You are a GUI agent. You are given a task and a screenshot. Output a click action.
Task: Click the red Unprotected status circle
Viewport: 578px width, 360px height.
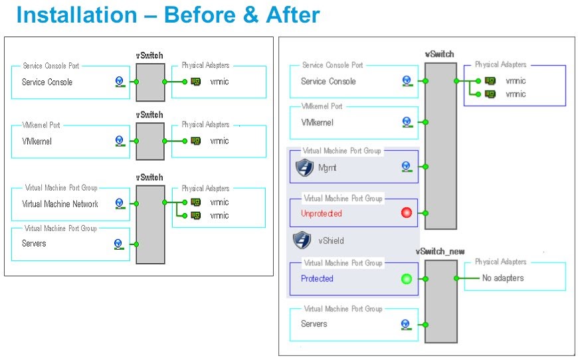coord(407,213)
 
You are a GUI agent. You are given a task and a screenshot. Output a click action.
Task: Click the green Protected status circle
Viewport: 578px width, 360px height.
coord(407,278)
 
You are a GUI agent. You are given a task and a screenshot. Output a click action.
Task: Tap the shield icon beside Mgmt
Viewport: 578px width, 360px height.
coord(304,168)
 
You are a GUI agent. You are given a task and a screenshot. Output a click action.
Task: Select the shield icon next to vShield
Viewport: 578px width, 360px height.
coord(302,240)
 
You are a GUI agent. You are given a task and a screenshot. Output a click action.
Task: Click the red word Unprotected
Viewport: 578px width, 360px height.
coord(322,214)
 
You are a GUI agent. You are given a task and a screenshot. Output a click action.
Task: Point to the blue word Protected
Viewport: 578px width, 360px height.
coord(317,279)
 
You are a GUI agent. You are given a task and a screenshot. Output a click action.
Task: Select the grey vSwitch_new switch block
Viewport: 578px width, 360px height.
coord(440,302)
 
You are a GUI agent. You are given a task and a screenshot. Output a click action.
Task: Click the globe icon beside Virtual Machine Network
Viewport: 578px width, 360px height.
coord(119,203)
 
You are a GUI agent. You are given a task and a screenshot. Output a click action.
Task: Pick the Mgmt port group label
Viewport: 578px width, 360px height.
coord(327,168)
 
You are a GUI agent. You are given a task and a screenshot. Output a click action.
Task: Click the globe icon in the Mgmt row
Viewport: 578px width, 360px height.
coord(407,167)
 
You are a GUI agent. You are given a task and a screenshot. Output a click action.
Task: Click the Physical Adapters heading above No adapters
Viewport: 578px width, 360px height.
coord(500,262)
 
